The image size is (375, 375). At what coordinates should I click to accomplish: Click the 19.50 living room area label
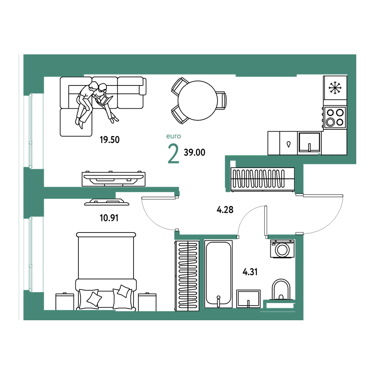coord(109,139)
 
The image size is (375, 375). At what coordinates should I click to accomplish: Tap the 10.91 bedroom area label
coord(109,218)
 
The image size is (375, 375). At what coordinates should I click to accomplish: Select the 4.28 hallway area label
coord(225,210)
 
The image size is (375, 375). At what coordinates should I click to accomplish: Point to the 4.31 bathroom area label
coord(250,272)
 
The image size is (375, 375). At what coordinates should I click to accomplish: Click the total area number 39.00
coord(194,152)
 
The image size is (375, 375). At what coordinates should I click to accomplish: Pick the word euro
coord(174,136)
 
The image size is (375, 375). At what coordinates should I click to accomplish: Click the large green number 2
coord(173,153)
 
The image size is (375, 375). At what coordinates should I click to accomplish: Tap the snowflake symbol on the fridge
coord(335,87)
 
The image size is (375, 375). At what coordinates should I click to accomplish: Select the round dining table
coord(198,100)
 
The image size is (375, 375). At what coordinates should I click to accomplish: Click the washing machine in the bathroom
coord(282,249)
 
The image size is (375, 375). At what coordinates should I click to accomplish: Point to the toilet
coord(281,289)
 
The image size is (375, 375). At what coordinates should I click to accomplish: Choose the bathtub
coord(218,274)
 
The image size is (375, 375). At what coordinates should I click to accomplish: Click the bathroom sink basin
coord(248,299)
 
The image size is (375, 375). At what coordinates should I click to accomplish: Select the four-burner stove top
coord(335,117)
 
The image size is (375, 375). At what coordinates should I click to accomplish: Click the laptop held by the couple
coord(105,100)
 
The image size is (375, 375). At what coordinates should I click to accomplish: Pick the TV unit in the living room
coord(113,178)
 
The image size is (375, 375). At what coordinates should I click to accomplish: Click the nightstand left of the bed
coord(64,302)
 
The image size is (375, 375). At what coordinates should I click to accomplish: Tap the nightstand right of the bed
coord(147,302)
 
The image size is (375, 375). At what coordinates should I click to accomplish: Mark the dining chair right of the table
coord(222,100)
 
